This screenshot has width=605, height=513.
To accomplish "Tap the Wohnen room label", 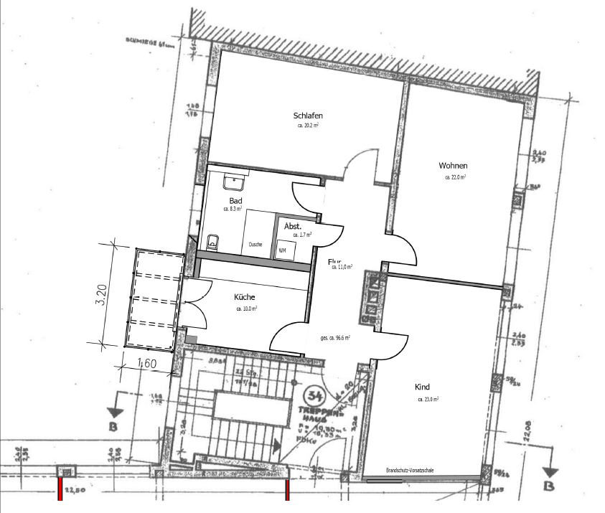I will pyautogui.click(x=454, y=166).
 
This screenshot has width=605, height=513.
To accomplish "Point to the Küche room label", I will pyautogui.click(x=245, y=297).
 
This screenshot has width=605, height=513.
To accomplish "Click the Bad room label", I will pyautogui.click(x=235, y=200).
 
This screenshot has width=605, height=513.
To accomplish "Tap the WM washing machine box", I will pyautogui.click(x=282, y=250).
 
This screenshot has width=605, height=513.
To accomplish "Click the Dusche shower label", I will pyautogui.click(x=255, y=245).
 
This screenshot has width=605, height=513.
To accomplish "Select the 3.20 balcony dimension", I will pyautogui.click(x=101, y=295).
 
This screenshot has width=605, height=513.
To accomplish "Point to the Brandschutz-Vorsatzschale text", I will pyautogui.click(x=410, y=470).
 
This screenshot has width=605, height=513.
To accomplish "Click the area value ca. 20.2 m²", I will pyautogui.click(x=308, y=125).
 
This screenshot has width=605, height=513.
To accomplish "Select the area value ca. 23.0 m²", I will pyautogui.click(x=428, y=399).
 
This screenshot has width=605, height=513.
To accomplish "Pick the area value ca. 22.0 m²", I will pyautogui.click(x=456, y=177).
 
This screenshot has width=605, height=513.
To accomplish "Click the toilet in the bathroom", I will pyautogui.click(x=212, y=241).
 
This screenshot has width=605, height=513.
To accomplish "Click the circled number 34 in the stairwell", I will pyautogui.click(x=313, y=395).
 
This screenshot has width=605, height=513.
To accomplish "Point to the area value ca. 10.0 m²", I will pyautogui.click(x=246, y=309).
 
